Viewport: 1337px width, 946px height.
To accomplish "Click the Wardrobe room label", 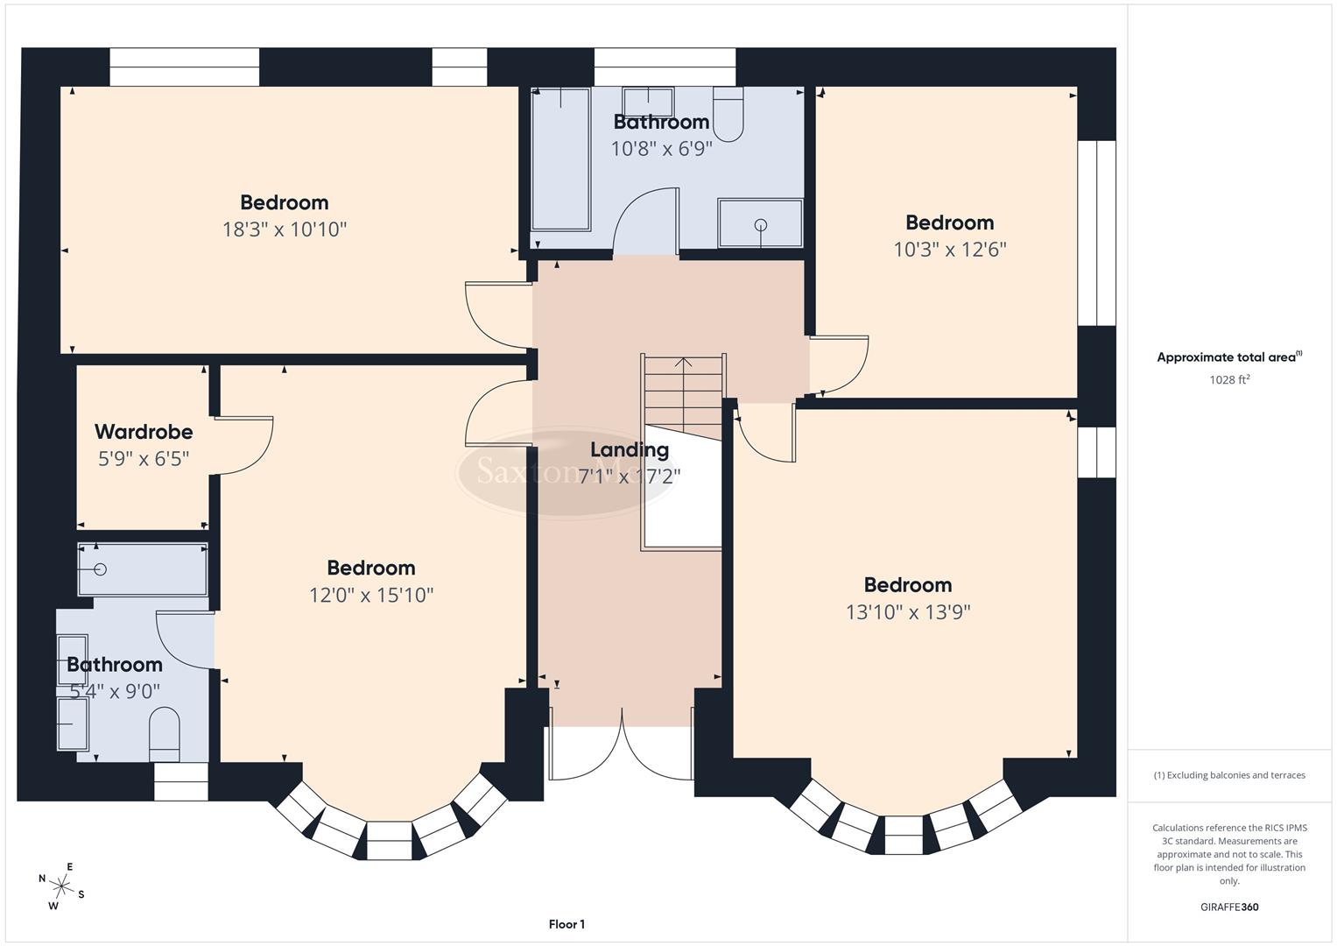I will click(144, 432).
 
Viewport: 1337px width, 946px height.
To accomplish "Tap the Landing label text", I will click(629, 450).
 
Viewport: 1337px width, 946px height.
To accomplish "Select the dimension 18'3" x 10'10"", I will click(285, 229).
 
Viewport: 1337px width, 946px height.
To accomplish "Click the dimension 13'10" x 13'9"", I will click(907, 612).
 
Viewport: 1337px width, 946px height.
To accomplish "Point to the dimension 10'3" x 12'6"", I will click(949, 250).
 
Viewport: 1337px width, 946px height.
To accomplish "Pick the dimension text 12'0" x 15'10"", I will click(371, 596).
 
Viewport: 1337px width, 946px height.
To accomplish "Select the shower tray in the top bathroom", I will click(760, 224).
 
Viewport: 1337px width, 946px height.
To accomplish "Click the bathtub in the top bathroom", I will click(561, 162).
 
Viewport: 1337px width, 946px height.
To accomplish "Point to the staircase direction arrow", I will click(683, 362).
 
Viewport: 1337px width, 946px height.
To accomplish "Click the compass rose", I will click(60, 886).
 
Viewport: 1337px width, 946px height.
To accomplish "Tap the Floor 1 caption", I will click(566, 924).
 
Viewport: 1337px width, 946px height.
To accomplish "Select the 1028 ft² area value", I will click(1228, 380).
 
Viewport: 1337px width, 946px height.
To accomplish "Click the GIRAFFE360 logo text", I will click(1228, 907).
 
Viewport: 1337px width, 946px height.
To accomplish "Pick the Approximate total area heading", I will click(1228, 357).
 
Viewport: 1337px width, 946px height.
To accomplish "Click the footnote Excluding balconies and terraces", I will click(1228, 775).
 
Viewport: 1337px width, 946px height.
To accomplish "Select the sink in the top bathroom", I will click(648, 101).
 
